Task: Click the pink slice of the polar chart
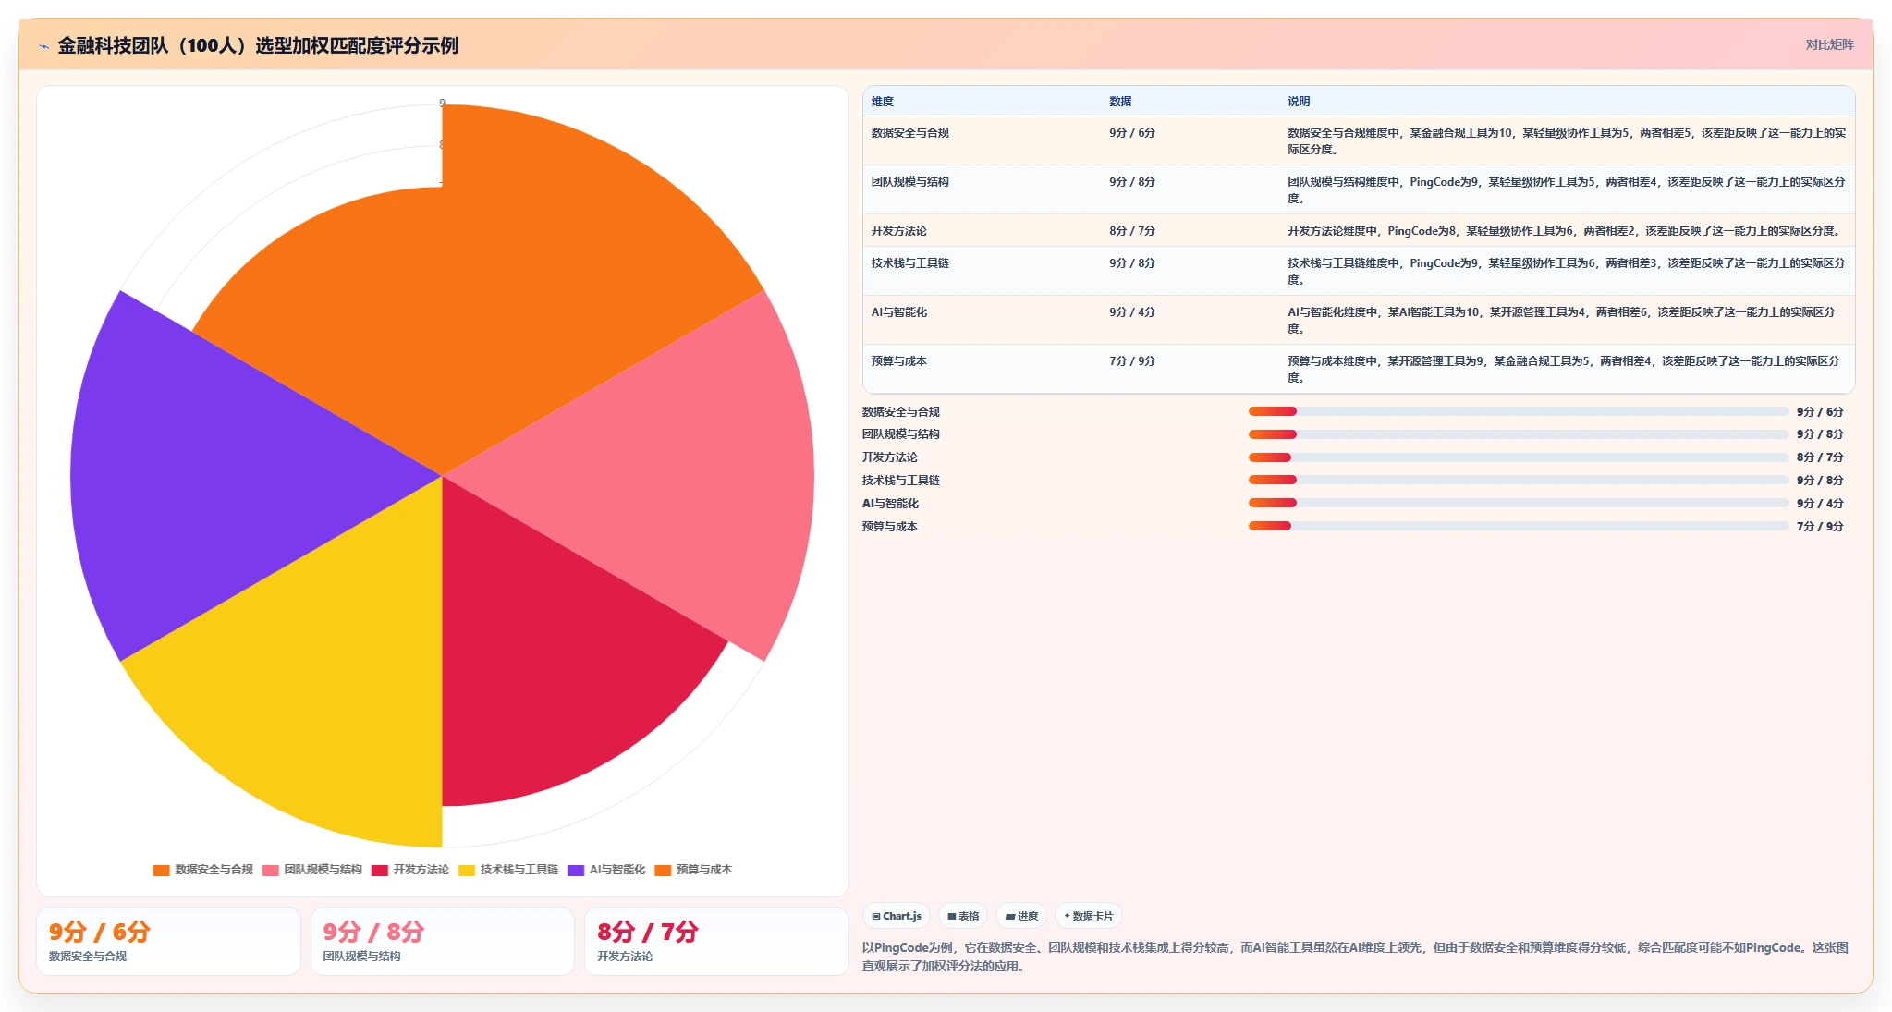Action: (638, 476)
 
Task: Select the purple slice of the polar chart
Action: (240, 476)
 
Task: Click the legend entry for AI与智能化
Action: (606, 870)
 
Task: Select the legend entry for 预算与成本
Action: (693, 870)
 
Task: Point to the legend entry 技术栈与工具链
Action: (508, 870)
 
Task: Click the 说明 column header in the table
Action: (1299, 102)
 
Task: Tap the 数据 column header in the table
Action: (1120, 102)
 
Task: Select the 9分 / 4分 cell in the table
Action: (1132, 312)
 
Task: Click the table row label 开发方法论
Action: (898, 231)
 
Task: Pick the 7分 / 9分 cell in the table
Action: (1132, 361)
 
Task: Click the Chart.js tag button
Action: (897, 916)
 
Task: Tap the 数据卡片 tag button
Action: (1088, 916)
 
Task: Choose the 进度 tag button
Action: (1021, 916)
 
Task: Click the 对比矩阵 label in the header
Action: (1829, 44)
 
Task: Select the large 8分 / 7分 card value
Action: (647, 932)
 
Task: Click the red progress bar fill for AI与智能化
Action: (1273, 503)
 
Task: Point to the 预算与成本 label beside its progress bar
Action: (889, 527)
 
